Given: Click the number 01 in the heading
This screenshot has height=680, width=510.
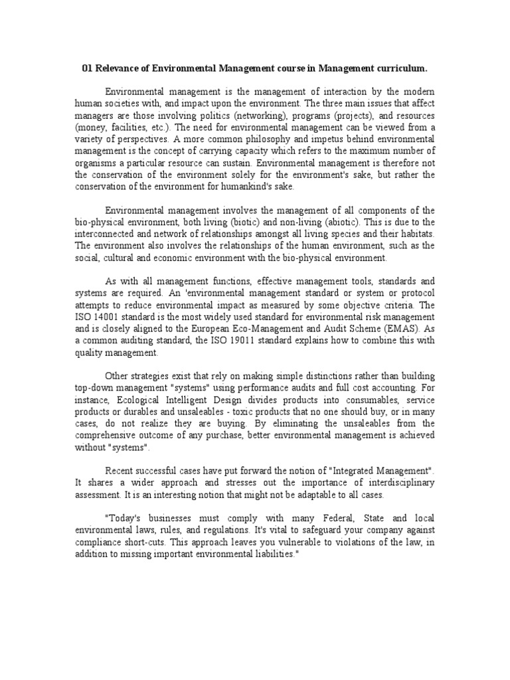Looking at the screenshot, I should [x=86, y=68].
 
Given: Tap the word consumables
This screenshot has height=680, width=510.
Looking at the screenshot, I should [x=361, y=400].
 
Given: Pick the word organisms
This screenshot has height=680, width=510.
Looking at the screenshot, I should [x=98, y=163].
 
